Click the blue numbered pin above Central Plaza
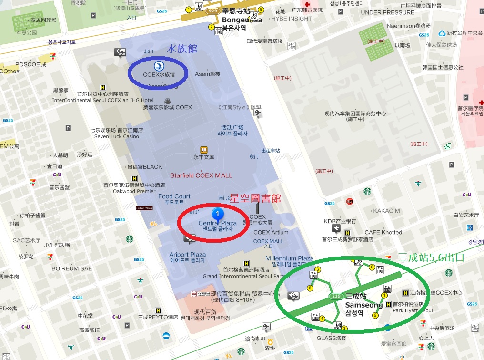tap(218, 213)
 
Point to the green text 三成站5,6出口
tap(431, 258)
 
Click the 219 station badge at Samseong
tap(336, 297)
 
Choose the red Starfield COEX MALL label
tap(201, 175)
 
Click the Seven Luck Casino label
tap(117, 136)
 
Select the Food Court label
tap(174, 196)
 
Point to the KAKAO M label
tap(386, 211)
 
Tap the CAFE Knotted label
tap(383, 232)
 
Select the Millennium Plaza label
tap(289, 258)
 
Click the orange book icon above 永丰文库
tap(203, 149)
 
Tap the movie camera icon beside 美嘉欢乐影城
tap(168, 101)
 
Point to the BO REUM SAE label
tap(71, 268)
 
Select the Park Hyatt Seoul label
tap(413, 310)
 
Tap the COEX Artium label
tap(271, 232)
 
